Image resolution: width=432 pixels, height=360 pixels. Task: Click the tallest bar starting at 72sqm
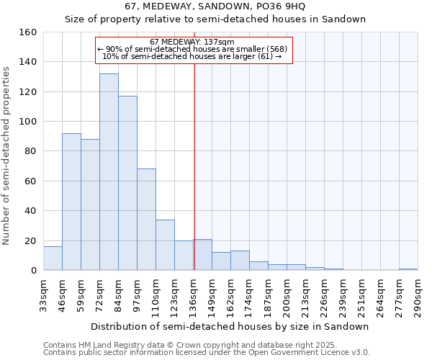(109, 172)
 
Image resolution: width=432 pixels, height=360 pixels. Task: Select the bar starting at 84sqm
(127, 183)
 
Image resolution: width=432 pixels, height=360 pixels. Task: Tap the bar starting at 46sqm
(71, 202)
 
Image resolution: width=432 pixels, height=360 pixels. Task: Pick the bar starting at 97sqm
(146, 220)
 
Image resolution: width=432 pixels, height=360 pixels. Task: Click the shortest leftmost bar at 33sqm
(53, 258)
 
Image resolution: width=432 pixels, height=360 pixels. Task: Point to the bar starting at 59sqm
(90, 204)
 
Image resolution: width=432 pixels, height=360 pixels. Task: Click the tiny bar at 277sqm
(408, 269)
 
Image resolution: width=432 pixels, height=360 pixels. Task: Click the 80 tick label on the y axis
(30, 151)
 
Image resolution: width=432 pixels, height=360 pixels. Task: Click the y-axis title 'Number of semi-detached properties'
(6, 151)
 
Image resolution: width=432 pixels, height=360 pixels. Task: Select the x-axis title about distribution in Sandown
(230, 326)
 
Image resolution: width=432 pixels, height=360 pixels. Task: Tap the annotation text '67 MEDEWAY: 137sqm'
(187, 42)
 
